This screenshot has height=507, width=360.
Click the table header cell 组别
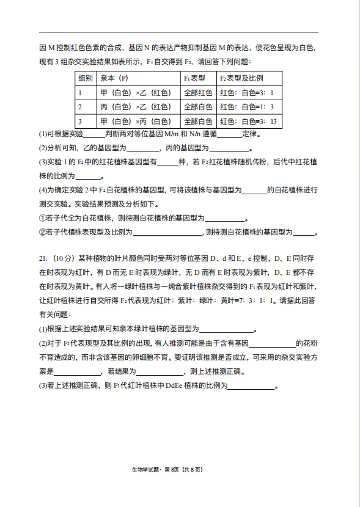point(85,79)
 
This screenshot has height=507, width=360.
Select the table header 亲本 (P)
point(114,79)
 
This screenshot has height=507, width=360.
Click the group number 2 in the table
point(79,107)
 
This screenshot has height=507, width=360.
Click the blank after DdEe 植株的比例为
point(251,386)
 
